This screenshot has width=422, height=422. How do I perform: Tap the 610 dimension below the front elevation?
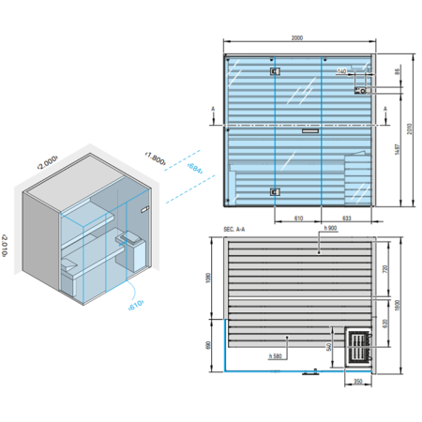[297, 217]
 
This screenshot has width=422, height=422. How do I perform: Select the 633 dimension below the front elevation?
[346, 217]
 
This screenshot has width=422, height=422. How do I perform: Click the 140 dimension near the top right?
[340, 70]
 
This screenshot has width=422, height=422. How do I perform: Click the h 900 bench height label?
[326, 229]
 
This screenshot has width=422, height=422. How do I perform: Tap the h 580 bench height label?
[276, 355]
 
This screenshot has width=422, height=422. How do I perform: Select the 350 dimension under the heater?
[358, 381]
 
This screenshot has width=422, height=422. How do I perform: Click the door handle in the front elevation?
[309, 132]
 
